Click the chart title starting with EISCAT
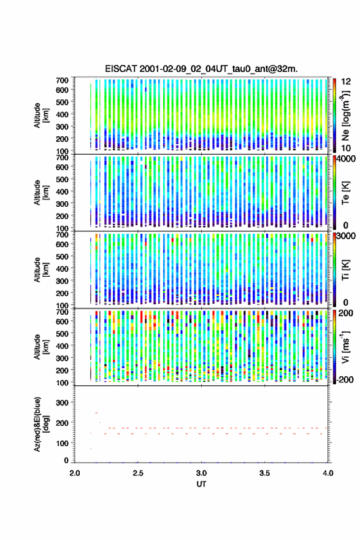tap(201, 69)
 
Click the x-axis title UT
tap(201, 484)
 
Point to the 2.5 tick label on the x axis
tap(138, 473)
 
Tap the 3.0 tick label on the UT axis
tap(201, 473)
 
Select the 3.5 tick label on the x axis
tap(265, 473)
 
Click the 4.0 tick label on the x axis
tap(328, 473)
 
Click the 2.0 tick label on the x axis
tap(75, 473)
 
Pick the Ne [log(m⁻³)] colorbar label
tap(345, 116)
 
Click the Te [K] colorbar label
tap(345, 193)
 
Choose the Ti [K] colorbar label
tap(345, 270)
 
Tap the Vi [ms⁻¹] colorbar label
tap(345, 347)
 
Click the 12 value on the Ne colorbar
tap(347, 82)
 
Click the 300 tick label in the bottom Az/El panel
tap(63, 403)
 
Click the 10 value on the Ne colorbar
tap(347, 148)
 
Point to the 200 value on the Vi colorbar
tap(346, 313)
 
